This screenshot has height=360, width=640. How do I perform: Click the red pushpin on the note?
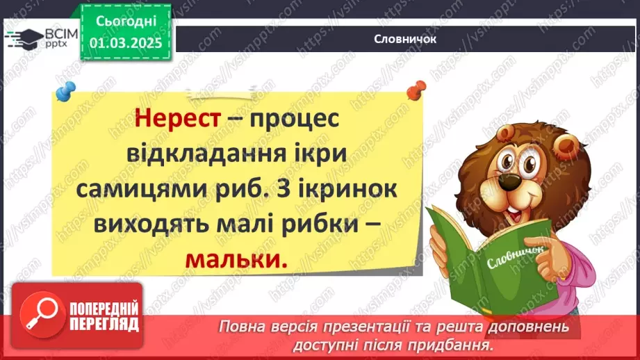pyautogui.click(x=416, y=89)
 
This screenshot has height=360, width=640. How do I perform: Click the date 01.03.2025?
pyautogui.click(x=126, y=42)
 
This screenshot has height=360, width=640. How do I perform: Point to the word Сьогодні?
pyautogui.click(x=126, y=21)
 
